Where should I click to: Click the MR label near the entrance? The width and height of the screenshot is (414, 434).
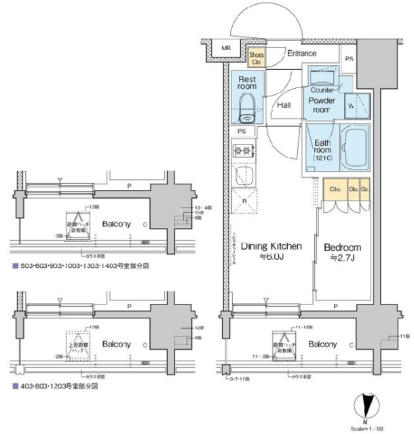tap(225, 48)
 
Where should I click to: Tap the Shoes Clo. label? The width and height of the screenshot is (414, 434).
tap(257, 57)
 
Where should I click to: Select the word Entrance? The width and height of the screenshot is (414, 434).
tap(301, 53)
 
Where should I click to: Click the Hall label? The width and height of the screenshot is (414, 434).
tap(284, 106)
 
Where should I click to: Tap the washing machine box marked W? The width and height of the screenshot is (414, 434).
tap(357, 107)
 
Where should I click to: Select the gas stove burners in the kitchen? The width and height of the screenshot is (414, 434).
tap(243, 150)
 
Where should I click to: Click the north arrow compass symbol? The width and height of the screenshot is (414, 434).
tap(367, 407)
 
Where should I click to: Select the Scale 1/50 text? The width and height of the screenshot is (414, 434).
tap(369, 427)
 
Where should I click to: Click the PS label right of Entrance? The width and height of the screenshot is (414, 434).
tap(349, 59)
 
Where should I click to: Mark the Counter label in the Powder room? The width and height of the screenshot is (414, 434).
tap(322, 90)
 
